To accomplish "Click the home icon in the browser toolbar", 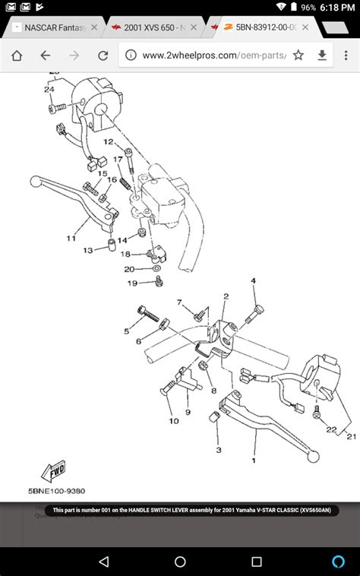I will point(17,55).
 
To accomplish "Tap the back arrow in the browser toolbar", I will point(46,55).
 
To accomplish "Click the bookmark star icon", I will point(298,55).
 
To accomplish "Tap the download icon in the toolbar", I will point(322,55).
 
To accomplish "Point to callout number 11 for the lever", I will point(71,239).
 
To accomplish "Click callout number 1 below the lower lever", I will point(254,460).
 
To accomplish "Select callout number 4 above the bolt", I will point(254,281).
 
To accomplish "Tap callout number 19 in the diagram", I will point(132,283).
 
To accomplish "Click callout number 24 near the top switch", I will point(49,90).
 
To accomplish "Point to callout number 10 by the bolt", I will point(174,420).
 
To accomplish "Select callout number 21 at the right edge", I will point(351,436).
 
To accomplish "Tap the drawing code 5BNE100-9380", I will point(58,491).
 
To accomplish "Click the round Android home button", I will point(180,562).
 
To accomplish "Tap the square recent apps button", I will point(257,562).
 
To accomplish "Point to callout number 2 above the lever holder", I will point(226,296).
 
